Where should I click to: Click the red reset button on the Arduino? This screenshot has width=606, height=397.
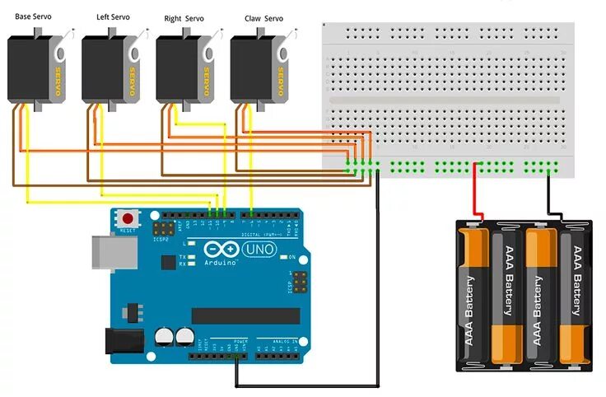coord(128,219)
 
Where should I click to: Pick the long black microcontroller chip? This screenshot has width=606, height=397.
coord(245,316)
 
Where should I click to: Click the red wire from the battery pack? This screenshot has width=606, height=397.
coord(474,193)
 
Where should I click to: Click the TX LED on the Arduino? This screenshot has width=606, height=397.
coord(191,257)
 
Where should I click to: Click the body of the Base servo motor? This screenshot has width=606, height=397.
coord(30,70)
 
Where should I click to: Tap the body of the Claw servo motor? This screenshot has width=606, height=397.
coord(252,70)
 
